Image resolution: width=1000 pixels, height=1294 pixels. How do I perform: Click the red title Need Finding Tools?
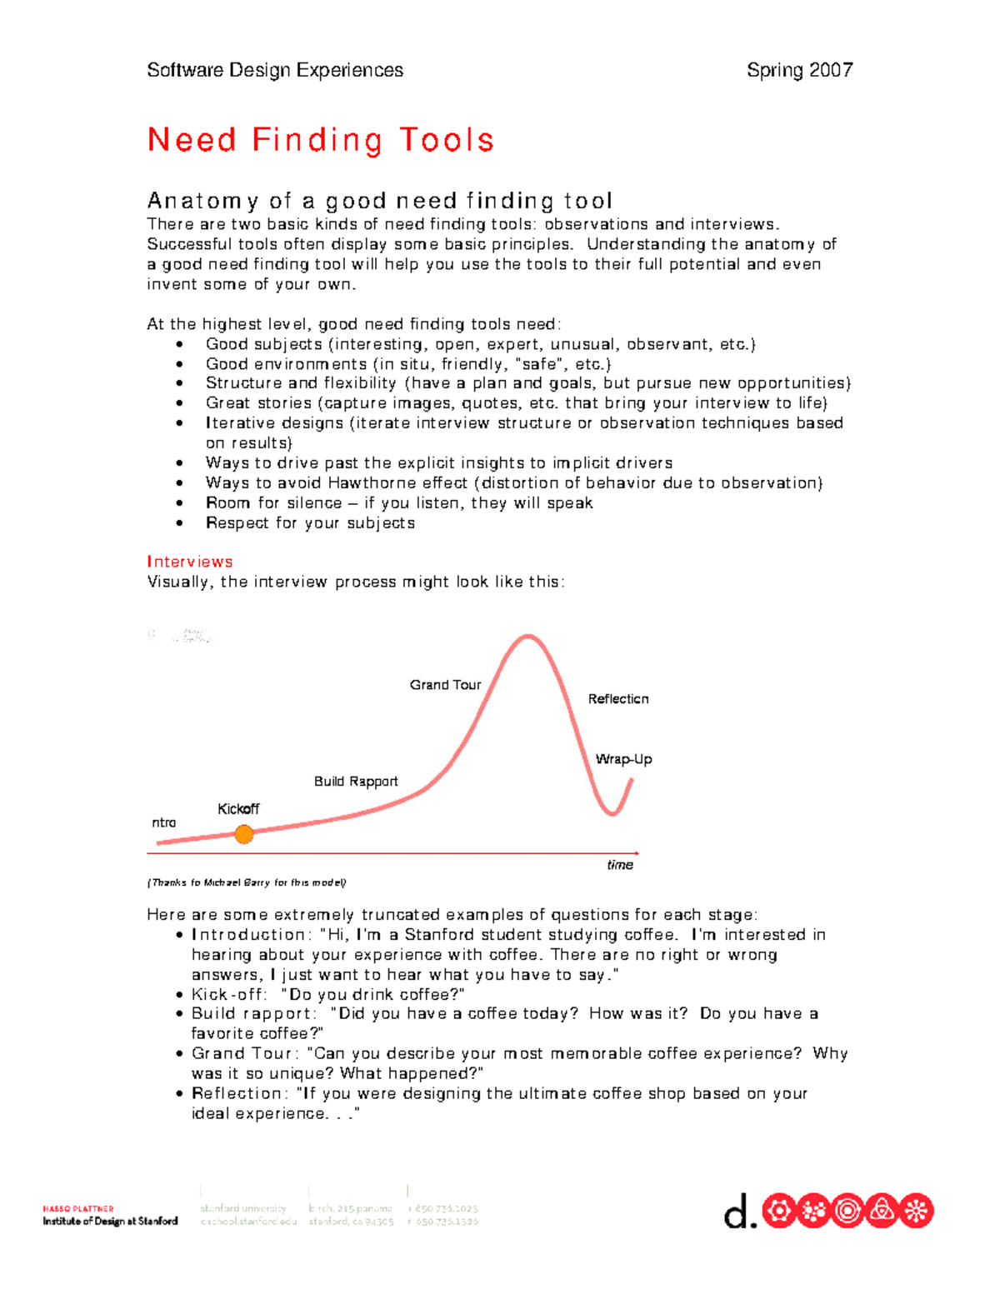pyautogui.click(x=321, y=140)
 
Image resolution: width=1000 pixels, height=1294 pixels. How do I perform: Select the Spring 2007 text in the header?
pyautogui.click(x=799, y=70)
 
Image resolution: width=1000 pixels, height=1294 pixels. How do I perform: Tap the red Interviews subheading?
pyautogui.click(x=190, y=562)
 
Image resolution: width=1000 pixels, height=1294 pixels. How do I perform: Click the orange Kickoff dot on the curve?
pyautogui.click(x=243, y=834)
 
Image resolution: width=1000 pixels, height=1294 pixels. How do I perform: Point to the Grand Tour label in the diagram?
pyautogui.click(x=445, y=685)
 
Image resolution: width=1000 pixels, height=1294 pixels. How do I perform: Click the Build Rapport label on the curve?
pyautogui.click(x=356, y=782)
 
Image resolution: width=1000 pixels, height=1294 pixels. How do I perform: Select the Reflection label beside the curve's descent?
pyautogui.click(x=617, y=699)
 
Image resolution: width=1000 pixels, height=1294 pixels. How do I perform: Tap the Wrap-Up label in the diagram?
pyautogui.click(x=623, y=759)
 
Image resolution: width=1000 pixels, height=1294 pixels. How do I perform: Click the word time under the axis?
pyautogui.click(x=620, y=865)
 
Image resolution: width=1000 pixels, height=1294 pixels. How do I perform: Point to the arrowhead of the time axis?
pyautogui.click(x=637, y=853)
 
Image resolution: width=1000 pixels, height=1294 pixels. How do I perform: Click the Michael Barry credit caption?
pyautogui.click(x=247, y=882)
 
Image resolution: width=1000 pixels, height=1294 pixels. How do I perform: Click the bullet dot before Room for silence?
pyautogui.click(x=179, y=503)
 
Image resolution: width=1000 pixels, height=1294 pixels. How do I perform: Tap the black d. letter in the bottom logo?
pyautogui.click(x=739, y=1213)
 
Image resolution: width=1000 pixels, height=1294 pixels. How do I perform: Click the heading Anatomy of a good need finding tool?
pyautogui.click(x=380, y=201)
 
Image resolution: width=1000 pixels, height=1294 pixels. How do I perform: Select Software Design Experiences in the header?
pyautogui.click(x=275, y=70)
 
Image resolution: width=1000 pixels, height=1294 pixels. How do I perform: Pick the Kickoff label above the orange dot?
pyautogui.click(x=238, y=809)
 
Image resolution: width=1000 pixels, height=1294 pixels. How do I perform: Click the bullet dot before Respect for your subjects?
pyautogui.click(x=179, y=523)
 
